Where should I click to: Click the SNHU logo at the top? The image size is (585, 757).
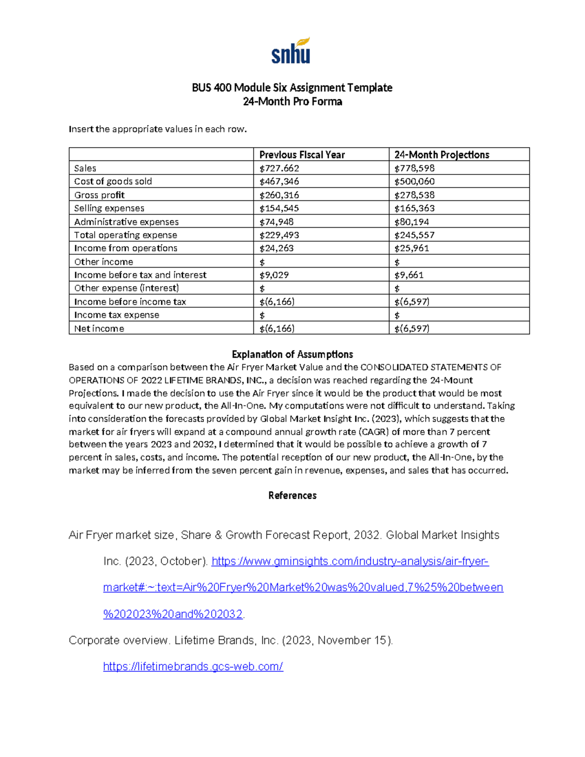click(x=291, y=51)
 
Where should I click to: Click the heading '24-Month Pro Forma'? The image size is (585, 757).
click(x=292, y=101)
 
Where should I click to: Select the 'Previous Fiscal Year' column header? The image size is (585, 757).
click(x=302, y=155)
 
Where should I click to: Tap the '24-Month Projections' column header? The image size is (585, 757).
click(x=442, y=155)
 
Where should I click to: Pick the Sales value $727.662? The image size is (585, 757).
click(x=279, y=168)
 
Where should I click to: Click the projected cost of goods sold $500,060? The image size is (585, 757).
click(x=414, y=181)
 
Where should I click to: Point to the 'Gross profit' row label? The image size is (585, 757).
click(x=99, y=195)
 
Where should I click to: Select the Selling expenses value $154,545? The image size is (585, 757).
click(x=279, y=208)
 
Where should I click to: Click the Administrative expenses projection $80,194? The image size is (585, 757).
click(x=412, y=222)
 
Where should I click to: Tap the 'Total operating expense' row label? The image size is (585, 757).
click(x=126, y=235)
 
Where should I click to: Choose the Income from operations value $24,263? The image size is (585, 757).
click(x=276, y=248)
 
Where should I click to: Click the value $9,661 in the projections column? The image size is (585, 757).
click(x=409, y=275)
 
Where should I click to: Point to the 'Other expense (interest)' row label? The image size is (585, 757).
click(x=127, y=288)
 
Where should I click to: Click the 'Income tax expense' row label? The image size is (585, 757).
click(x=117, y=315)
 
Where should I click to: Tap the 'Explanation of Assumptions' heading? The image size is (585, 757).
click(x=292, y=354)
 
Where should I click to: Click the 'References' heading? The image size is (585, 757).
click(x=292, y=495)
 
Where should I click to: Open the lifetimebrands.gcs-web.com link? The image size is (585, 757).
click(x=193, y=666)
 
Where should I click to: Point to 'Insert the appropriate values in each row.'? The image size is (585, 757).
click(x=158, y=129)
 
